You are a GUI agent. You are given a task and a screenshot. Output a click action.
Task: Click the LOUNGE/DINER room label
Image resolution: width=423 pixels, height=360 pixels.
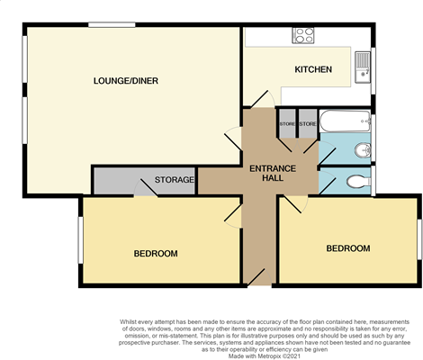coord(127,81)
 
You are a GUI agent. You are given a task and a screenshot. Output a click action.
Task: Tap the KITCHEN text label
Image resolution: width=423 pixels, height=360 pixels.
coord(313,69)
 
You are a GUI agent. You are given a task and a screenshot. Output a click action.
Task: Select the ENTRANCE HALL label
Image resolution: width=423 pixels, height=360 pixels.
coord(267,173)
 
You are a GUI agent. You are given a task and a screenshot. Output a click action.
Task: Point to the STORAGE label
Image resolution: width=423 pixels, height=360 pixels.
coord(174,180)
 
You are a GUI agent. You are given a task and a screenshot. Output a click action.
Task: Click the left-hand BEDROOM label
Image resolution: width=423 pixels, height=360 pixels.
coord(156,253)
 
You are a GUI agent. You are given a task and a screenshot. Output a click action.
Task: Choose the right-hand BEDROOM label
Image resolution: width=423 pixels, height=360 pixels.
coord(347,247)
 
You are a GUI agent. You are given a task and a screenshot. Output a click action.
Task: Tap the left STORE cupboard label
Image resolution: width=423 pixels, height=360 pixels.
coord(287,123)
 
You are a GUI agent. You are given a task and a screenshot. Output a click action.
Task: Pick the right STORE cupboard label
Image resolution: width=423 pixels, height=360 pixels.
coord(307,123)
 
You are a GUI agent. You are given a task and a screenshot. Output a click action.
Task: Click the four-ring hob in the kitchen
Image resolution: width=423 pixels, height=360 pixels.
coord(303,36)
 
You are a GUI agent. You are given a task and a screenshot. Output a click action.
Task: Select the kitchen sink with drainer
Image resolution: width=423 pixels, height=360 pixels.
coord(363,64)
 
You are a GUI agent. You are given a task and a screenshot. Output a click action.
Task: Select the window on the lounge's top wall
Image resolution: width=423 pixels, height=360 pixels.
coord(105,24)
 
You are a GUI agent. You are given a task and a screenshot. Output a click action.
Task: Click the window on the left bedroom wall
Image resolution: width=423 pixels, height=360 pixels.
coord(80,243)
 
